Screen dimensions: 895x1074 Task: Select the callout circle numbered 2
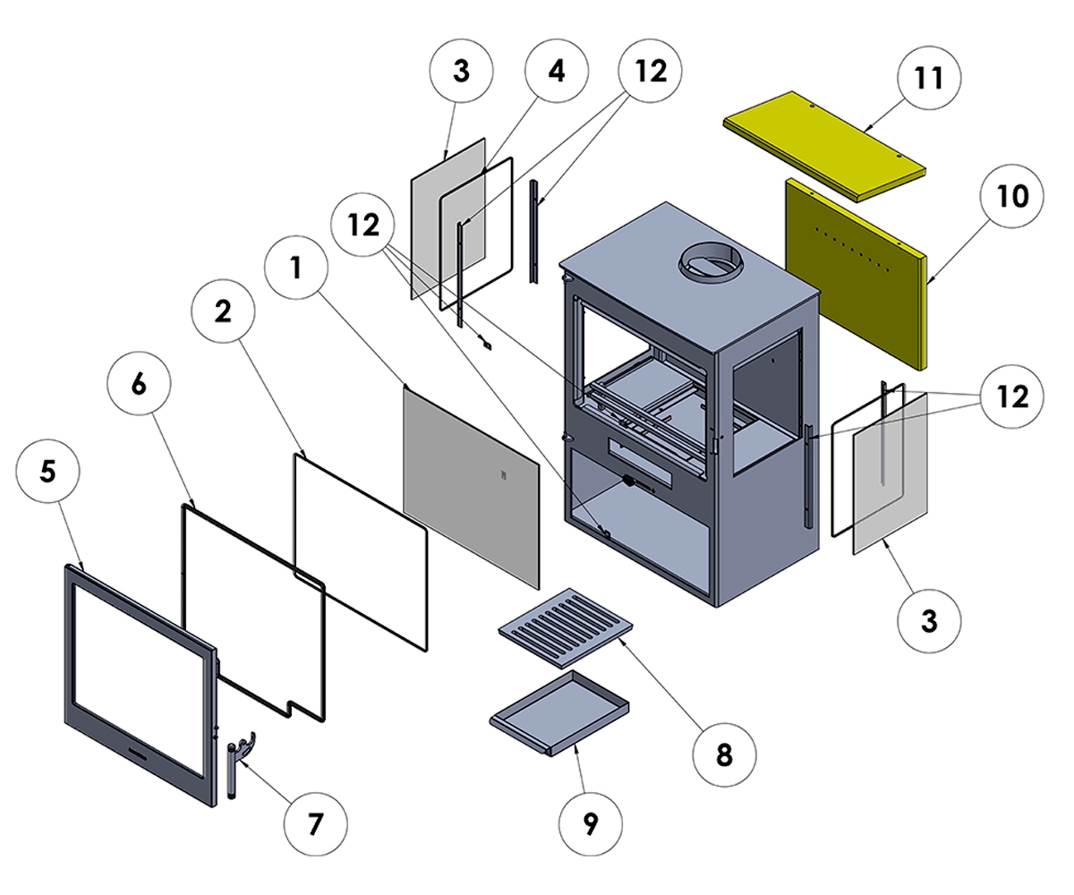(224, 311)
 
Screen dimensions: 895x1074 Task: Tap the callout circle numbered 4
(557, 72)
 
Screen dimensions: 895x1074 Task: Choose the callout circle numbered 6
(138, 384)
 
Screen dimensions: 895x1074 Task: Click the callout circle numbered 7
(314, 823)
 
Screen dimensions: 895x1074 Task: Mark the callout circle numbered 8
(723, 754)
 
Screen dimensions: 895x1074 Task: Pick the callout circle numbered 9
(590, 824)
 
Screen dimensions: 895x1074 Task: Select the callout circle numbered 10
(1012, 197)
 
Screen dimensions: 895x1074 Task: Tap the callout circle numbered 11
(930, 78)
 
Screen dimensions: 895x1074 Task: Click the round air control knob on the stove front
(628, 482)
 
